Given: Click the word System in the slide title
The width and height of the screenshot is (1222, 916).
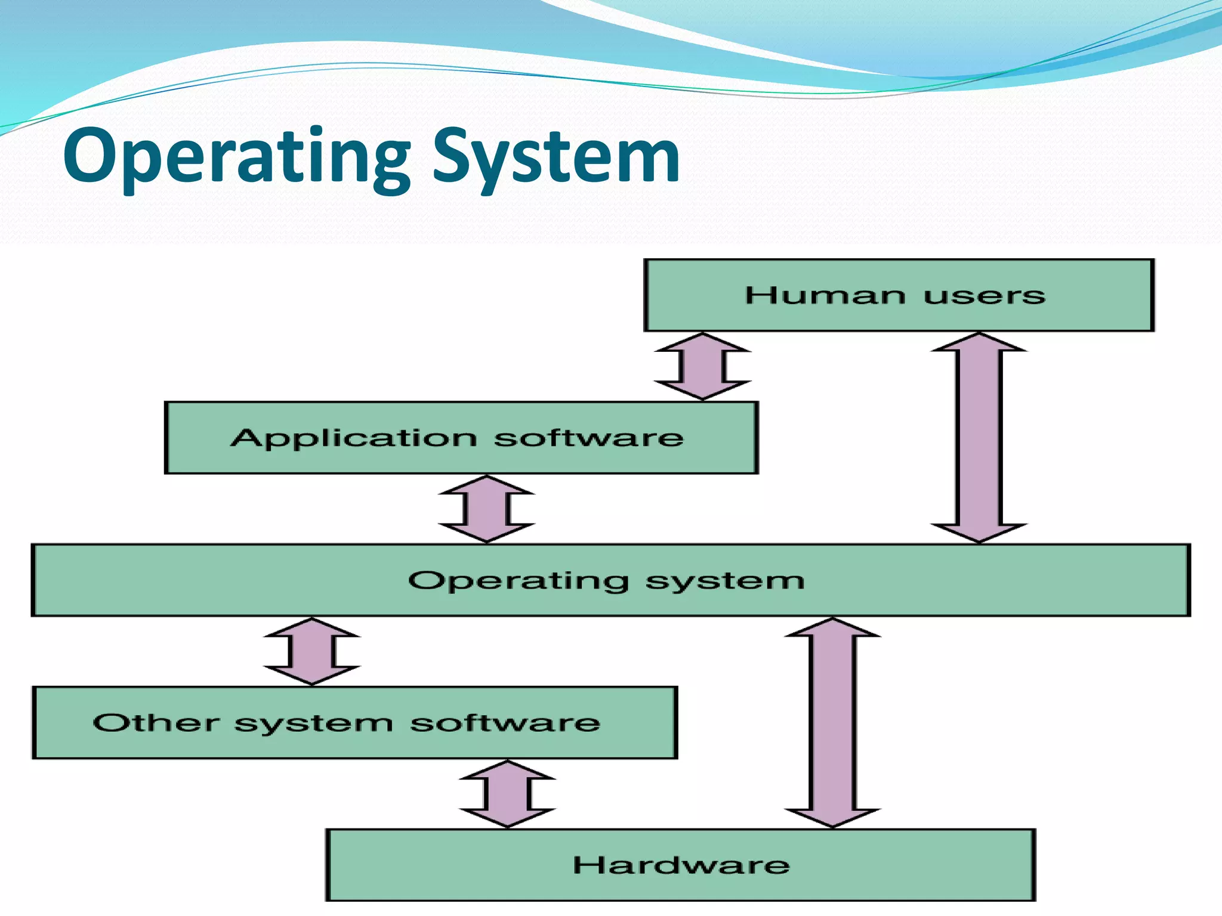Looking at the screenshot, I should pyautogui.click(x=556, y=156).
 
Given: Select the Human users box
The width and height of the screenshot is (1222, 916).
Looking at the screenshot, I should pyautogui.click(x=899, y=295).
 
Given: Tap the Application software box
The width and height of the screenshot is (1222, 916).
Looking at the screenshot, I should pyautogui.click(x=461, y=438).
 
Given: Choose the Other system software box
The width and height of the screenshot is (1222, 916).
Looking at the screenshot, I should pyautogui.click(x=354, y=723).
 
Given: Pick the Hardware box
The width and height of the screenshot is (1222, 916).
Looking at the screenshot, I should pyautogui.click(x=680, y=865).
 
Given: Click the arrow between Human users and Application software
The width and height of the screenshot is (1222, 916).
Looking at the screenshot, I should pyautogui.click(x=702, y=366).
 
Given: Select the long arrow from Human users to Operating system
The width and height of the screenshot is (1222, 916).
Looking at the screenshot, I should pyautogui.click(x=979, y=437).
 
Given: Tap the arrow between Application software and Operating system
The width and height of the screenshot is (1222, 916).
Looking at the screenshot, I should pyautogui.click(x=486, y=509).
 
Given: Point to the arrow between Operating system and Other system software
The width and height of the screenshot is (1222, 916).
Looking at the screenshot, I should pyautogui.click(x=312, y=651).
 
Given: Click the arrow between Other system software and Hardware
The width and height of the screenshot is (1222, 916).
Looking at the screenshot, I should pyautogui.click(x=507, y=794).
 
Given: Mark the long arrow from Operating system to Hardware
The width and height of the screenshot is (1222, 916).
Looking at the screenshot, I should pyautogui.click(x=832, y=722).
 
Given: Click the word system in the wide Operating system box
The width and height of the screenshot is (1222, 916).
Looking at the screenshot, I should pyautogui.click(x=725, y=581).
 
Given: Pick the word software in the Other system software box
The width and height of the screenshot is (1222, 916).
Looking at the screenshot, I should pyautogui.click(x=505, y=723).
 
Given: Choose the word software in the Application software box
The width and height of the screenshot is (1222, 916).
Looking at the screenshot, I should pyautogui.click(x=588, y=438).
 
